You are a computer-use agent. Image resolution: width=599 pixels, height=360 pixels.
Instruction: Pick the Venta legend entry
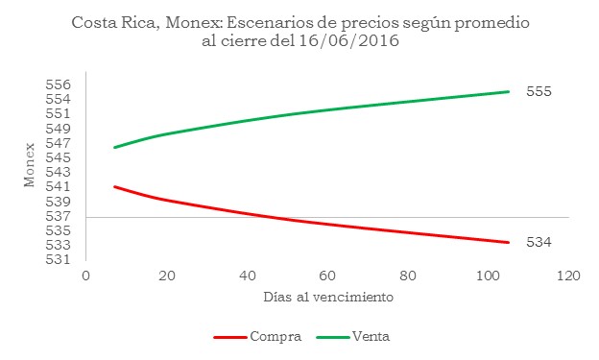(x=370, y=337)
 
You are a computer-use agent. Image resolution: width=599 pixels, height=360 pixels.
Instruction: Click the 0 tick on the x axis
(x=85, y=276)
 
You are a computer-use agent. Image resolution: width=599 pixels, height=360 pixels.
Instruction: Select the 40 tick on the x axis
(x=248, y=276)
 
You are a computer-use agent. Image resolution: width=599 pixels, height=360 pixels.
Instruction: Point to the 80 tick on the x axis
(x=408, y=276)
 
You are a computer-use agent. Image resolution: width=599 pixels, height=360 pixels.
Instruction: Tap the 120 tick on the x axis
(x=567, y=276)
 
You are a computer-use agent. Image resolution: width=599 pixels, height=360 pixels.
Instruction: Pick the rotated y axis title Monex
(x=29, y=171)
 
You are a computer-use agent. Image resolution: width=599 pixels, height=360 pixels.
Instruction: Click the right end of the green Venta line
(x=508, y=92)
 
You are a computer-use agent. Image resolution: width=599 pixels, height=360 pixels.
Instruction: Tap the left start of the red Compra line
(x=114, y=186)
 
